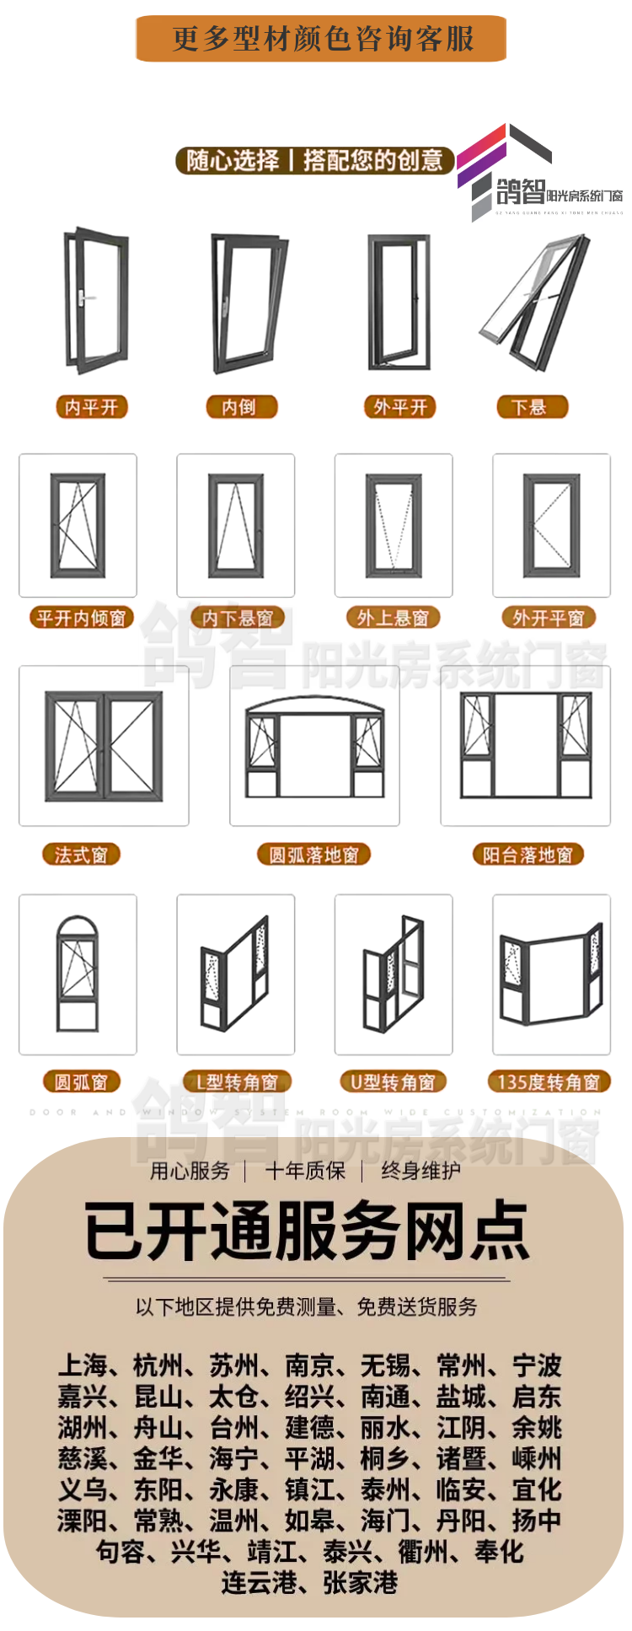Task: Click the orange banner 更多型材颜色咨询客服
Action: pos(321,39)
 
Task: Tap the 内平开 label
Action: pos(91,407)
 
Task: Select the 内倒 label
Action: pos(241,407)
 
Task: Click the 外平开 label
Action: pos(400,407)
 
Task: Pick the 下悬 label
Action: pos(531,407)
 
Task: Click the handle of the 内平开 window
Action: pos(81,297)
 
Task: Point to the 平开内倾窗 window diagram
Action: pos(78,525)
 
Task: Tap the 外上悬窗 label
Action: pos(393,618)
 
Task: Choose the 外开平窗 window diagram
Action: pos(551,525)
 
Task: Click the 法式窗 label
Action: pos(81,855)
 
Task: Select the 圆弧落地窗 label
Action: pos(314,855)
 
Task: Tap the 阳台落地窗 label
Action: pos(528,855)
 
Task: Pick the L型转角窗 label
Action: pos(236,1081)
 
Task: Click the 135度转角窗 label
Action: pos(549,1081)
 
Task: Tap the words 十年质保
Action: pos(305,1170)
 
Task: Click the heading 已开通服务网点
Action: pos(307,1231)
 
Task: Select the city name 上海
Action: pos(83,1365)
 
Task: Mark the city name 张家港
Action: pos(360,1583)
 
